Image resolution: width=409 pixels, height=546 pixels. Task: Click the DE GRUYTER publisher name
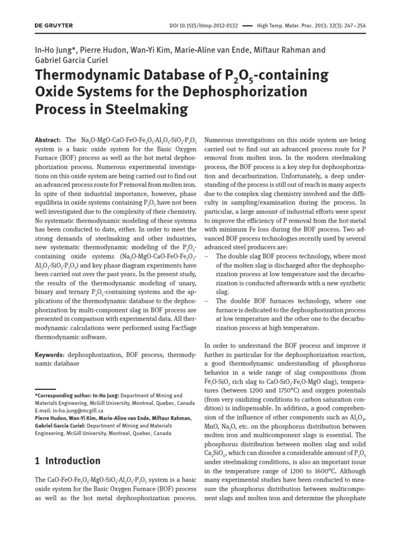point(54,26)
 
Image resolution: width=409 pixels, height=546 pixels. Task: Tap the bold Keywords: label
point(50,354)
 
